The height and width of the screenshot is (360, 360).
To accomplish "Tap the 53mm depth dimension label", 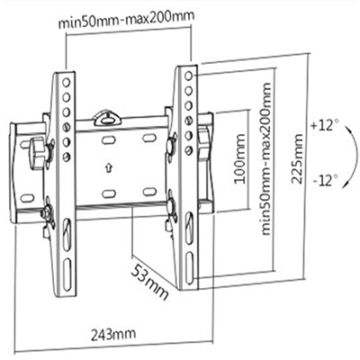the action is pos(149,282).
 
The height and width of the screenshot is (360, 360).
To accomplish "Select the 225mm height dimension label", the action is pos(297,158).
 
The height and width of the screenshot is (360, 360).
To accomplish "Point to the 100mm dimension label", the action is pos(239,158).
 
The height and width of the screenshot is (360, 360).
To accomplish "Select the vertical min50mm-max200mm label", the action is pos(266,159).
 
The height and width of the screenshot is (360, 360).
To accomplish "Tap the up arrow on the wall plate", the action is pos(109,167).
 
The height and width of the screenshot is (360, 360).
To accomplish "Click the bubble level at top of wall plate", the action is pos(107,118).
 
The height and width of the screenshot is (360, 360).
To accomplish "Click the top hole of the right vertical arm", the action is pos(188,76).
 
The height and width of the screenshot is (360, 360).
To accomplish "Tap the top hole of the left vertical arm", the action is pos(67,82).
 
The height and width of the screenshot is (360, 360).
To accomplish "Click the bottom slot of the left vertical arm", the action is pos(67,268).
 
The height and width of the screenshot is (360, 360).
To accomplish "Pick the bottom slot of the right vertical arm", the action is pos(189,267).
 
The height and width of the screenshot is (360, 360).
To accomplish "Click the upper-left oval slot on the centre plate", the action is pos(109,139).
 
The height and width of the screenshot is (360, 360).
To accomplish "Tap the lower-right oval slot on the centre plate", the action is pos(149,192).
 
